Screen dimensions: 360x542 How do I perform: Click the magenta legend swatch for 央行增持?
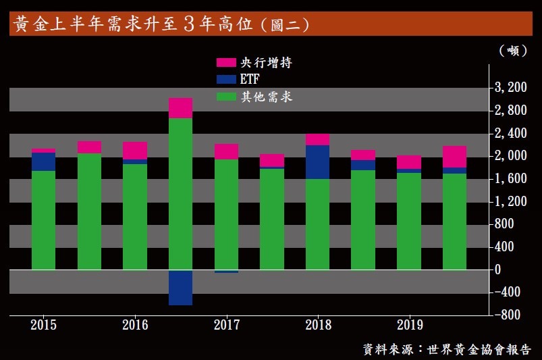click(225, 63)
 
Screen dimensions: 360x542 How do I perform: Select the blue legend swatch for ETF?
click(225, 80)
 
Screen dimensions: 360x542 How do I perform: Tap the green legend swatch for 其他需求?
click(225, 97)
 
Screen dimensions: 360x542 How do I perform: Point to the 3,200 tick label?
click(510, 87)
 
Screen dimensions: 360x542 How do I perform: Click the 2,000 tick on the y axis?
click(510, 156)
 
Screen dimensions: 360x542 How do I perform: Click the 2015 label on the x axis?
click(43, 325)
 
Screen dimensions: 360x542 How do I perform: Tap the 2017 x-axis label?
click(227, 325)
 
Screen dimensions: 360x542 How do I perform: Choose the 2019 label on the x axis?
click(410, 325)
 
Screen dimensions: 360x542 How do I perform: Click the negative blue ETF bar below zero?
click(180, 287)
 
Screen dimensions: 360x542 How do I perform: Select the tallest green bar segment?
click(180, 194)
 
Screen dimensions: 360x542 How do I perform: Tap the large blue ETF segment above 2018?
click(318, 162)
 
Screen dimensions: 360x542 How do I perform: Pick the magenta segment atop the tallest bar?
click(180, 108)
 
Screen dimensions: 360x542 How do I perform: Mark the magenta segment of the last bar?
click(454, 157)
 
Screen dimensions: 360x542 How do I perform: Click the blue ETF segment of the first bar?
click(43, 161)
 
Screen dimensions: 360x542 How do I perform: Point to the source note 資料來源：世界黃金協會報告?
click(446, 349)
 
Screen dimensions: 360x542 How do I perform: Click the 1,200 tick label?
click(510, 201)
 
